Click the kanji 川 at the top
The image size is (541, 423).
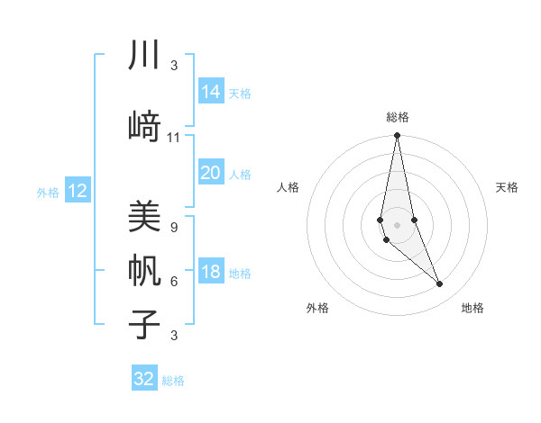click(x=144, y=56)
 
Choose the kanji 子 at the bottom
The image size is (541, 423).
click(x=144, y=324)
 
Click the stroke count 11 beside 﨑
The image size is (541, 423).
click(x=174, y=138)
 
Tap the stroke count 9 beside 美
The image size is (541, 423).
click(x=174, y=228)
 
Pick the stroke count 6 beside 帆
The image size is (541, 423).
click(x=174, y=282)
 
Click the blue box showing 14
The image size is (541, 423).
click(x=210, y=92)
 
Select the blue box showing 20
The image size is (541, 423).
click(x=210, y=174)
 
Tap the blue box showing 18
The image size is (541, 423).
click(x=210, y=272)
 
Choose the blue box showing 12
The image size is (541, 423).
click(x=78, y=191)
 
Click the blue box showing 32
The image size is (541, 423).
click(x=144, y=379)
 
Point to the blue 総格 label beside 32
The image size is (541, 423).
click(x=173, y=381)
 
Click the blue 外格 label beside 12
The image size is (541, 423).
click(x=48, y=192)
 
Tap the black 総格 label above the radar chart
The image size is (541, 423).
click(x=398, y=117)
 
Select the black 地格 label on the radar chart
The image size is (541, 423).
click(x=472, y=308)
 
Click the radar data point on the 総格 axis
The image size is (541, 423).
click(x=397, y=136)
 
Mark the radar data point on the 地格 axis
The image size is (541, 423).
click(x=440, y=284)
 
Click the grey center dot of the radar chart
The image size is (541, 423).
click(x=397, y=224)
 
